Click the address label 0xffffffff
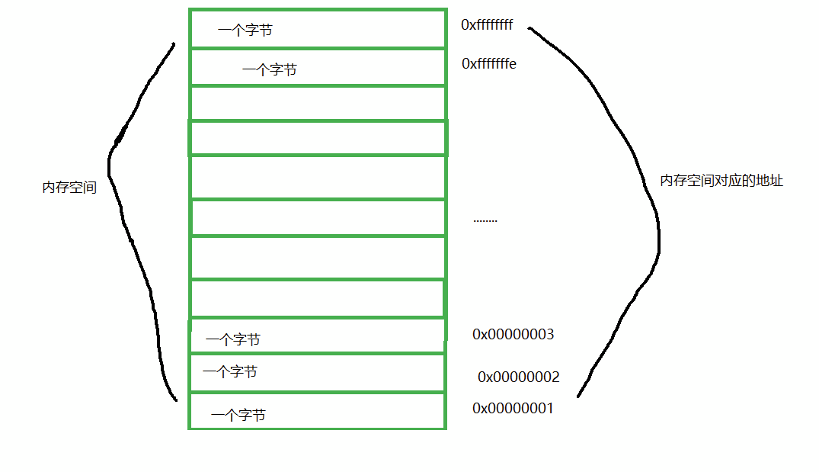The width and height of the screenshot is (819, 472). (x=487, y=25)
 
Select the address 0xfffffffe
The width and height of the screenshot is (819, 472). (x=488, y=64)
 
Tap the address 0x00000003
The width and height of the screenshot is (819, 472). (x=513, y=335)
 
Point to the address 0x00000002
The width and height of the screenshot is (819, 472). (x=518, y=377)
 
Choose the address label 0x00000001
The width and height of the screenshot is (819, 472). (x=513, y=409)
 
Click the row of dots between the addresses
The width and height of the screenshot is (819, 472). (x=485, y=220)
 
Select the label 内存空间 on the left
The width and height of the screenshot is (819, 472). (x=69, y=188)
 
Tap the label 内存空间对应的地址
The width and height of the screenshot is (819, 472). (x=721, y=181)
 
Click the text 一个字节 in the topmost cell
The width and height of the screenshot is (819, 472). (x=245, y=31)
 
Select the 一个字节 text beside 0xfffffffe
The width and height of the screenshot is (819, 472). (x=269, y=70)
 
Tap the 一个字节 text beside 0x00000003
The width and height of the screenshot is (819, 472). (x=232, y=340)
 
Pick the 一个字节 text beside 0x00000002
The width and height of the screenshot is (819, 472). (x=229, y=372)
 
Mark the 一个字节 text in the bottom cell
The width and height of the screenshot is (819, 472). (x=238, y=416)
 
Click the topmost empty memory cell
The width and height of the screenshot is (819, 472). (x=317, y=104)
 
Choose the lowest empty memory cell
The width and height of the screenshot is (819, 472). (x=317, y=298)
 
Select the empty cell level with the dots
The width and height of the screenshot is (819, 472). (x=317, y=218)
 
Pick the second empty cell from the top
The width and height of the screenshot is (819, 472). (x=317, y=138)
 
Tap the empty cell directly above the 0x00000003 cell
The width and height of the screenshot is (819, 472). (x=317, y=298)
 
